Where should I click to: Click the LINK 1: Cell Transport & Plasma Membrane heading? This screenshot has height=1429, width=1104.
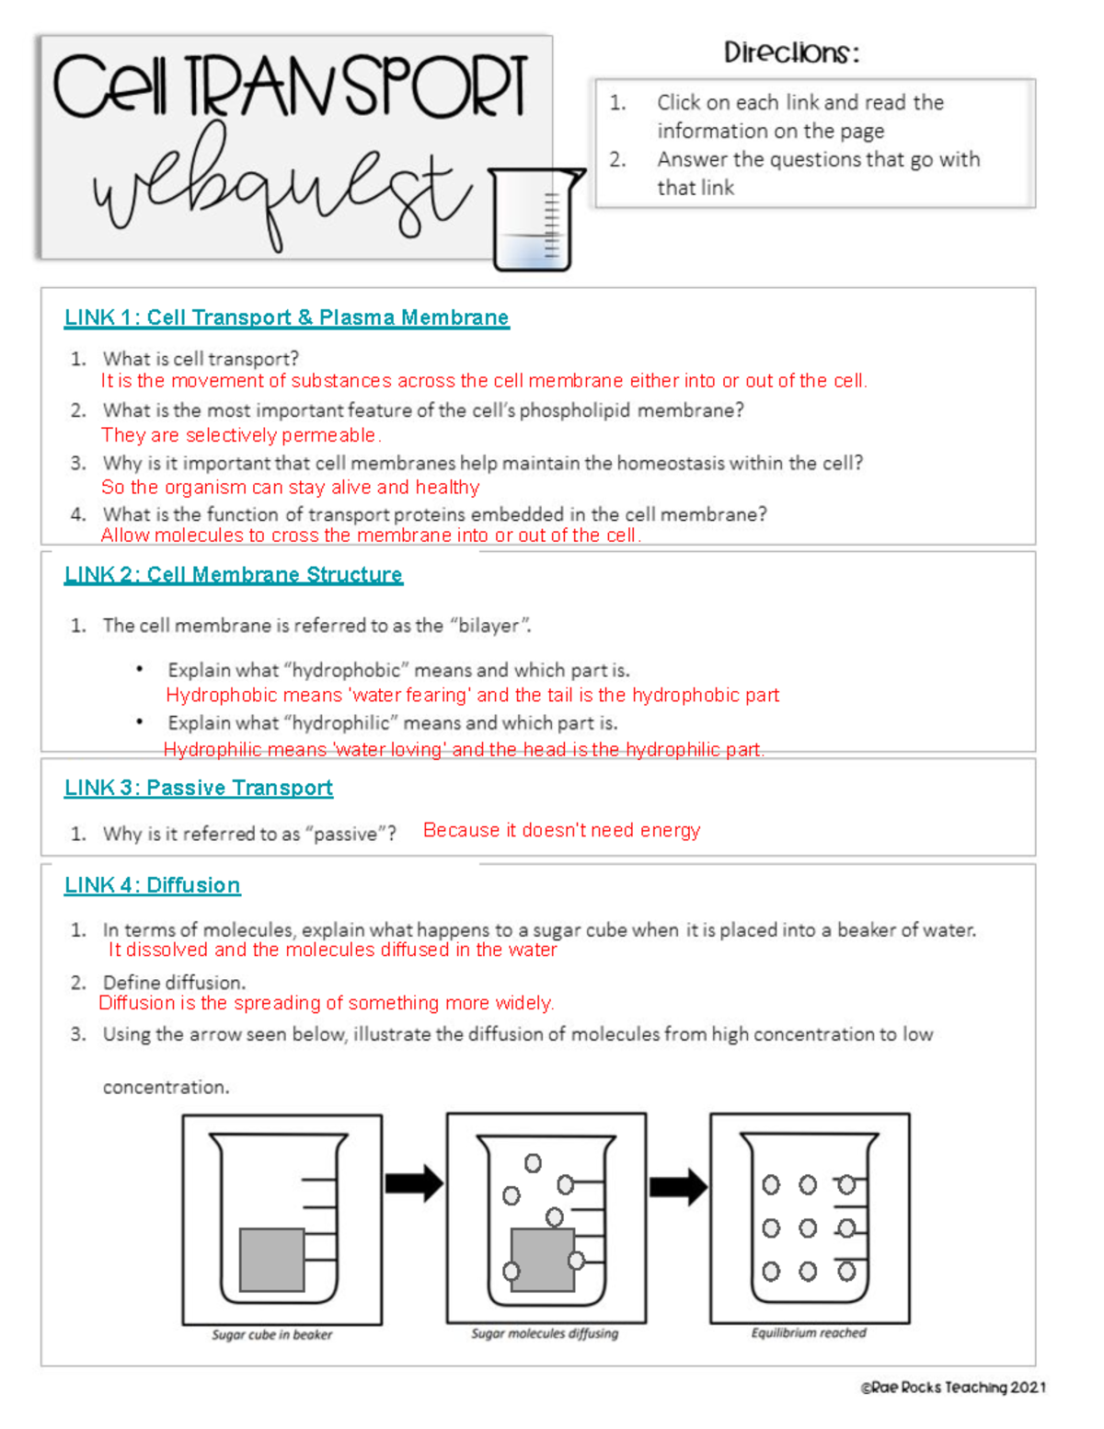(x=286, y=317)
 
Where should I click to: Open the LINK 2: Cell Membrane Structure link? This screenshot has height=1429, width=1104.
(x=233, y=575)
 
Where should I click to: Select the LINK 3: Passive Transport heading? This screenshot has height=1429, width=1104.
(x=198, y=788)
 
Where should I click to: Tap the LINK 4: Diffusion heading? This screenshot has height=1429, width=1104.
(x=152, y=885)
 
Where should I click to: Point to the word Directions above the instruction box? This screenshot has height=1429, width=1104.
(x=791, y=52)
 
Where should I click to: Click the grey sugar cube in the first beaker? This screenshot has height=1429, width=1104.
(x=271, y=1259)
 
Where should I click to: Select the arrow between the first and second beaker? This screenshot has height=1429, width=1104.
(x=414, y=1183)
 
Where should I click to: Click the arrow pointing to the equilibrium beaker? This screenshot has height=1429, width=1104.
(x=678, y=1187)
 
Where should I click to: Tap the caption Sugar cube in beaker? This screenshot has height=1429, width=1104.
(x=271, y=1334)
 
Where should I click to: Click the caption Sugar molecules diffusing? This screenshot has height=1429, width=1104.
(x=545, y=1333)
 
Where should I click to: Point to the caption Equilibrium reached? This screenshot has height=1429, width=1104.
(x=809, y=1332)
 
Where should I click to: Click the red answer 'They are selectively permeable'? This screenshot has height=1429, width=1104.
(x=241, y=435)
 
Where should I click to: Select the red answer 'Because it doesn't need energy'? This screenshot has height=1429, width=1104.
(x=561, y=830)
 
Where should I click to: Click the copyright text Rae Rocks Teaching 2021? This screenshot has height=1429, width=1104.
(x=953, y=1388)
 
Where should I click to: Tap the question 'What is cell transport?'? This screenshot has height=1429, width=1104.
(x=201, y=359)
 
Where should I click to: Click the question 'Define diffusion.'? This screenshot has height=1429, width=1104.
(x=174, y=983)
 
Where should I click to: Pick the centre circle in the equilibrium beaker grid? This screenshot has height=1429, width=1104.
(x=808, y=1227)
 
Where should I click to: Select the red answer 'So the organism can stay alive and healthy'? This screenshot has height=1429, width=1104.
(x=290, y=487)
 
